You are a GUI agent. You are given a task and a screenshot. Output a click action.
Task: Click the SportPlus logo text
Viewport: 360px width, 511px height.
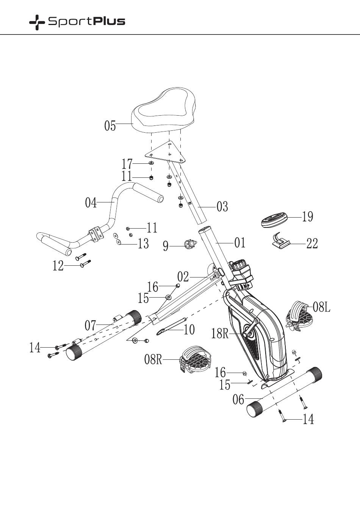point(86,22)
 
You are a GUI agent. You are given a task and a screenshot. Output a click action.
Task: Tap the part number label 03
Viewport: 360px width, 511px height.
point(222,207)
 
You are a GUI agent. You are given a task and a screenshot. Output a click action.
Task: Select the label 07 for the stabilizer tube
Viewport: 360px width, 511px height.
point(90,325)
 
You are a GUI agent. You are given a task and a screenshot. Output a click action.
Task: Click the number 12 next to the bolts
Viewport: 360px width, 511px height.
point(58,266)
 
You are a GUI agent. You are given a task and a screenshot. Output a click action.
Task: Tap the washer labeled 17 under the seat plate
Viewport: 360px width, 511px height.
point(151,163)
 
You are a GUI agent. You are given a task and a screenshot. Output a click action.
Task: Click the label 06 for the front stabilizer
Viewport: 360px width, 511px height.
point(238,400)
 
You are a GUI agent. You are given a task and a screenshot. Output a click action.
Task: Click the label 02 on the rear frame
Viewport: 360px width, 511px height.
point(183,277)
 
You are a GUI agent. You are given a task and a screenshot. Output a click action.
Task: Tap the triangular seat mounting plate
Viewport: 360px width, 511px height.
point(166,153)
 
